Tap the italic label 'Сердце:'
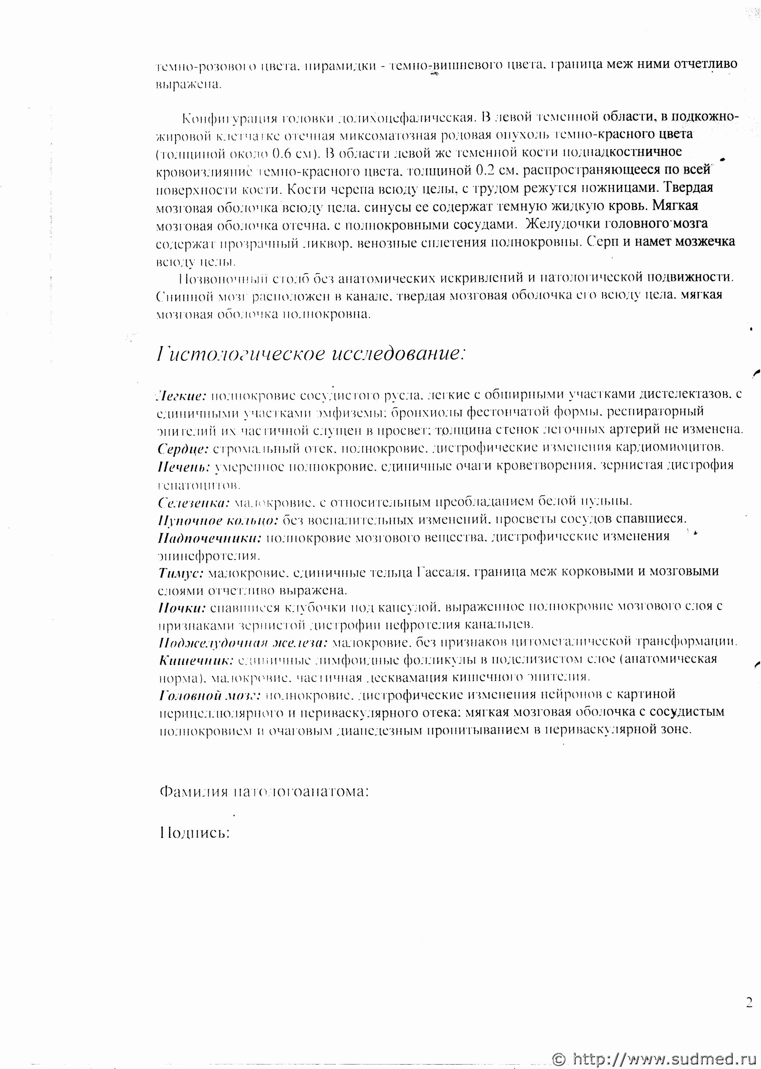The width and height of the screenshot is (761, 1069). (183, 449)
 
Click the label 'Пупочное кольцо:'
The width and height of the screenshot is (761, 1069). (218, 520)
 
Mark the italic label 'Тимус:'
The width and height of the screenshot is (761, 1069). (180, 572)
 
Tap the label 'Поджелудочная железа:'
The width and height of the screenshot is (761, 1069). (243, 643)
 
